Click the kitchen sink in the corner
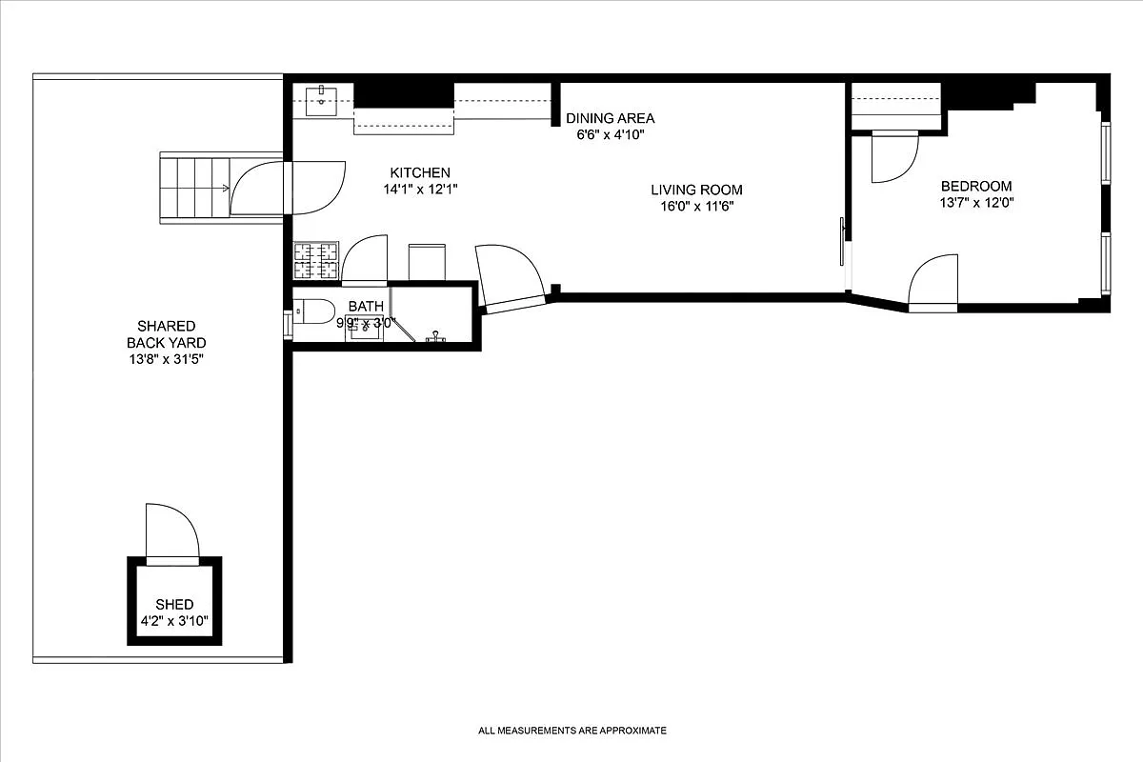point(323,100)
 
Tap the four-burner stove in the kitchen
point(315,261)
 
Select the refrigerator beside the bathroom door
point(427,262)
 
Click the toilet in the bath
point(312,310)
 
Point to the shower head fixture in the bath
point(437,336)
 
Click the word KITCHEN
point(420,172)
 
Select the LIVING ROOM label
point(696,190)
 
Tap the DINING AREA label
point(610,118)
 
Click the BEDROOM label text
point(976,186)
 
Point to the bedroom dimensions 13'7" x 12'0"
point(976,202)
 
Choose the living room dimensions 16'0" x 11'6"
point(696,206)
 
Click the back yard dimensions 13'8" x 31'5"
point(167,359)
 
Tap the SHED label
point(174,604)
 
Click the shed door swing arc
point(172,530)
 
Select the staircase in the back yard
point(194,187)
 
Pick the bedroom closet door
point(893,156)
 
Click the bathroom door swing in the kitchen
point(364,259)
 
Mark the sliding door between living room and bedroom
point(843,242)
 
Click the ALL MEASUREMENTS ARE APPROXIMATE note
point(571,731)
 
